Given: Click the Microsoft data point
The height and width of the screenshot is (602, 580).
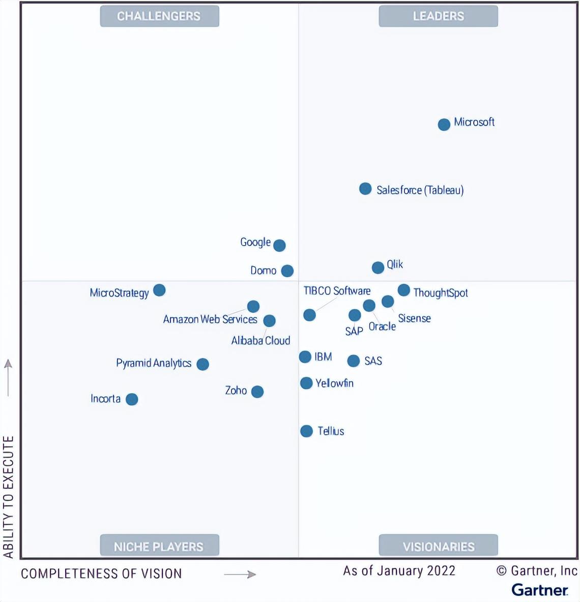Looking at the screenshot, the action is click(x=444, y=125).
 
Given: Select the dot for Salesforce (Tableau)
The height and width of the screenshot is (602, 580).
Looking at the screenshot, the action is click(x=365, y=189).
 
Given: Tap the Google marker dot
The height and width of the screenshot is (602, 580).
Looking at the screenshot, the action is click(x=279, y=246).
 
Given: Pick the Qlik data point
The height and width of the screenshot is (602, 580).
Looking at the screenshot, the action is click(x=378, y=267).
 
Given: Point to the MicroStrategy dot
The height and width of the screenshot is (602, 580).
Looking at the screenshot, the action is click(x=159, y=290).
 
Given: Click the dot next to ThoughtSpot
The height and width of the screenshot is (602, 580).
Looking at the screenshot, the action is click(x=403, y=290).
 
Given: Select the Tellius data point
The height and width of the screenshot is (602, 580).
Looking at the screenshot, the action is click(x=306, y=431).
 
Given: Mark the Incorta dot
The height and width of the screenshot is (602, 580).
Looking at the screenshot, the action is click(x=132, y=399).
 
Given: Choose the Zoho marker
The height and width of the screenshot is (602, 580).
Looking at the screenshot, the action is click(x=257, y=392).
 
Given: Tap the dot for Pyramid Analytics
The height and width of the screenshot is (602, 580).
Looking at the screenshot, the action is click(x=203, y=364).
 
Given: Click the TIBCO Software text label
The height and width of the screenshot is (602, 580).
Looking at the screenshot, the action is click(x=337, y=291).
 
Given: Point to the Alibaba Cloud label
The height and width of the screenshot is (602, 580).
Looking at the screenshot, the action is click(x=261, y=341).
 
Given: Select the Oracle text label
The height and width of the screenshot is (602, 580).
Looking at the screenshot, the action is click(x=382, y=326).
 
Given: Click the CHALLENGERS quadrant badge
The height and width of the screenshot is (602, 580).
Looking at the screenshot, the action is click(x=159, y=16).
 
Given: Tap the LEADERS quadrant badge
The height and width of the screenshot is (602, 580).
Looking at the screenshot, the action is click(x=438, y=16).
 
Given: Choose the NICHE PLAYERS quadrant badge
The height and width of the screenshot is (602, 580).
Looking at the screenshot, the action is click(x=159, y=545).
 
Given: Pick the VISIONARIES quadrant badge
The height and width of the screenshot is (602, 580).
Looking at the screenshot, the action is click(x=438, y=545).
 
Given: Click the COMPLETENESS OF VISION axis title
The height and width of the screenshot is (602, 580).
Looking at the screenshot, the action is click(x=101, y=574).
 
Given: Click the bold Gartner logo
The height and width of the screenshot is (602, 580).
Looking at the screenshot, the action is click(x=540, y=590).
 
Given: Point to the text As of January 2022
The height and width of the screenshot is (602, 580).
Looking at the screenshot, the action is click(x=399, y=571).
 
